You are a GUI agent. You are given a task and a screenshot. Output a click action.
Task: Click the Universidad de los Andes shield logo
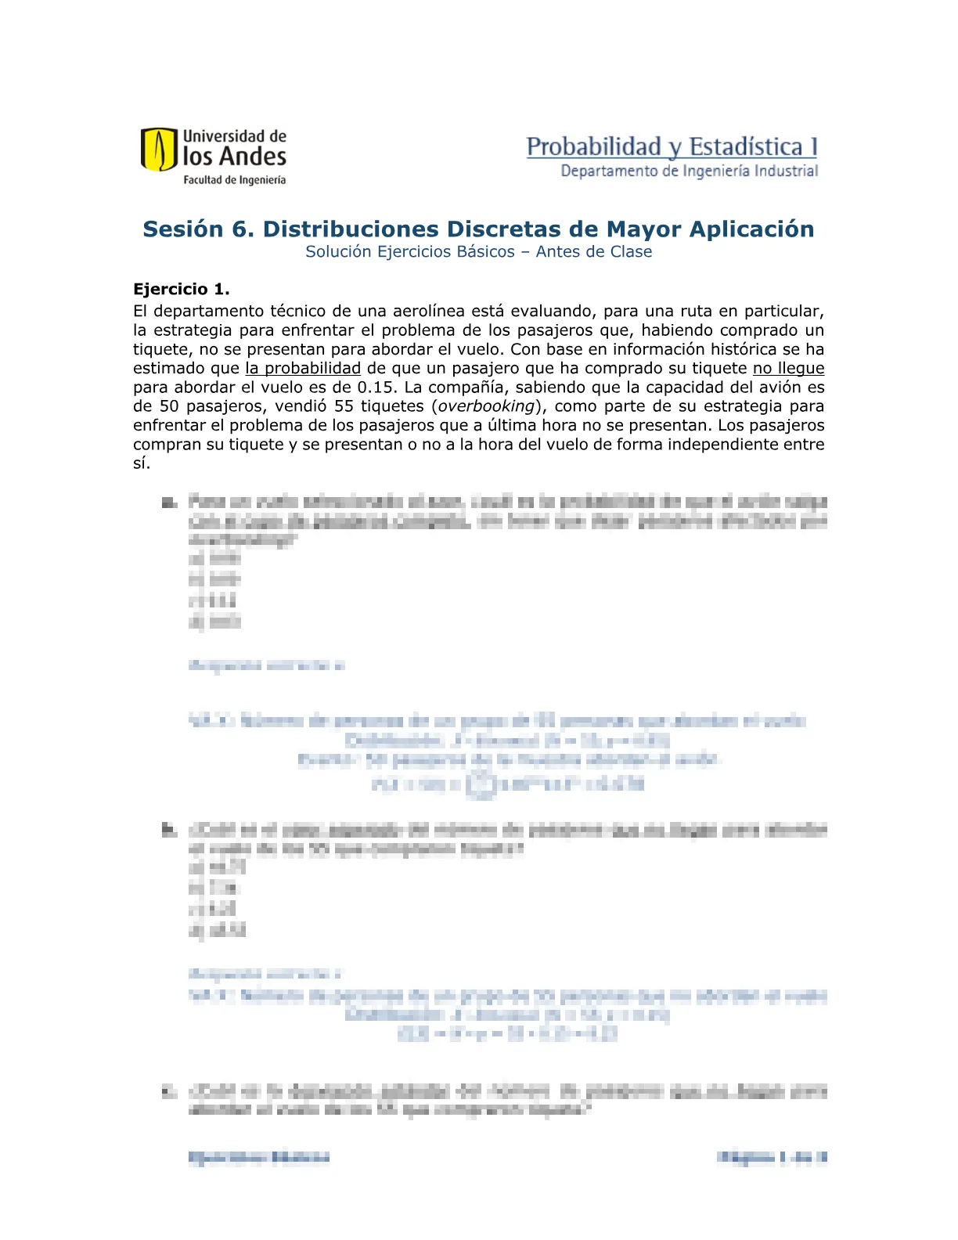pos(159,150)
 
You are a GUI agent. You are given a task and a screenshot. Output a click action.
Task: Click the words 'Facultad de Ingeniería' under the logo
pos(234,180)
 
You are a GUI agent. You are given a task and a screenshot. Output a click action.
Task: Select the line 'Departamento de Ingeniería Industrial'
pos(689,171)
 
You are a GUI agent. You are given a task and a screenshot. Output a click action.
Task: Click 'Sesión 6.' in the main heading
pos(199,229)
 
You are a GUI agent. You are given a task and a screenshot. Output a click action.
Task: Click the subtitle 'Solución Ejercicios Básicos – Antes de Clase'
pos(478,252)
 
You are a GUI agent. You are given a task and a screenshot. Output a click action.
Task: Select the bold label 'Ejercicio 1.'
pos(182,290)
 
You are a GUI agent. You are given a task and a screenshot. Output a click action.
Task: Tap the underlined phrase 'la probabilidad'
pos(303,369)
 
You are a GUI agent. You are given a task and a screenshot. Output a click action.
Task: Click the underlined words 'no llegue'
pos(788,369)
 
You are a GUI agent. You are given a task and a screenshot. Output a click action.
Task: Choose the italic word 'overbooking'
pos(486,406)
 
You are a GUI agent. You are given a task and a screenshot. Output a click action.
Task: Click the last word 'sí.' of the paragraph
pos(141,463)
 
